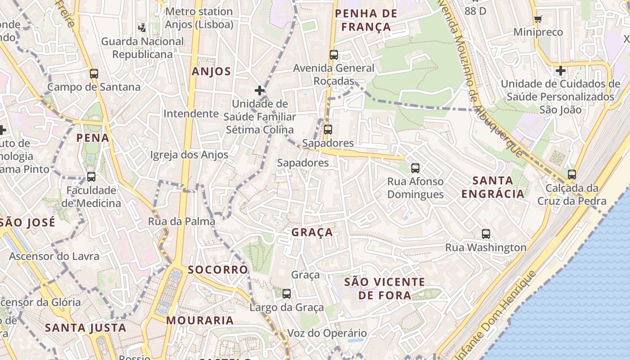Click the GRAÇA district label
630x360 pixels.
pyautogui.click(x=312, y=232)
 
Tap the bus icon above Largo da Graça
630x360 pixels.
pyautogui.click(x=287, y=294)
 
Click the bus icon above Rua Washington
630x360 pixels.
pyautogui.click(x=486, y=234)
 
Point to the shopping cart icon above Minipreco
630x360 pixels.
pyautogui.click(x=538, y=19)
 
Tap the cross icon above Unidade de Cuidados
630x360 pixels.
pyautogui.click(x=560, y=71)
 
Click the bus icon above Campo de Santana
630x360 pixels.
pyautogui.click(x=94, y=73)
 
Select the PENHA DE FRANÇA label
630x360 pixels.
pyautogui.click(x=366, y=20)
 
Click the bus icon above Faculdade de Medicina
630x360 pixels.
pyautogui.click(x=91, y=177)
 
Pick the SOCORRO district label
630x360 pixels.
pyautogui.click(x=218, y=270)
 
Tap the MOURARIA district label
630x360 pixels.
pyautogui.click(x=200, y=320)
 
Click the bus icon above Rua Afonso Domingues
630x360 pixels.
pyautogui.click(x=415, y=168)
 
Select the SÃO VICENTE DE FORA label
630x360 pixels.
pyautogui.click(x=384, y=288)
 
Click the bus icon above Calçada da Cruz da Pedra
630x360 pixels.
pyautogui.click(x=572, y=174)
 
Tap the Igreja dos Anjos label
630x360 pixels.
pyautogui.click(x=189, y=155)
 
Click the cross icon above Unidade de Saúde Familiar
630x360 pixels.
pyautogui.click(x=260, y=90)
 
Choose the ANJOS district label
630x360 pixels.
pyautogui.click(x=211, y=71)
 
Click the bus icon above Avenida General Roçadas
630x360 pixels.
pyautogui.click(x=333, y=55)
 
